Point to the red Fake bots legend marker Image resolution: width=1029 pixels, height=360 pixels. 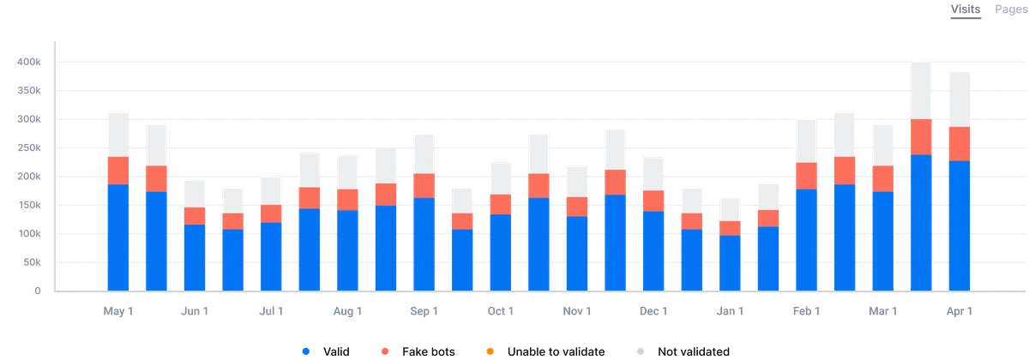382,351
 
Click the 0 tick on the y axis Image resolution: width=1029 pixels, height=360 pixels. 37,291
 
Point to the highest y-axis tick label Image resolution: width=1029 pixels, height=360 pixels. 28,62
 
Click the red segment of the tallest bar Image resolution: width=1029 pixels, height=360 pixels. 921,136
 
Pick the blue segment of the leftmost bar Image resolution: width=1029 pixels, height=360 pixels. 117,237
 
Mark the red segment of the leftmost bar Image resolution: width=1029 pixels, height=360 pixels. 117,171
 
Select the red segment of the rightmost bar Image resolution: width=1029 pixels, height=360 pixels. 960,143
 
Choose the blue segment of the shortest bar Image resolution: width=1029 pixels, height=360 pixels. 730,261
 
